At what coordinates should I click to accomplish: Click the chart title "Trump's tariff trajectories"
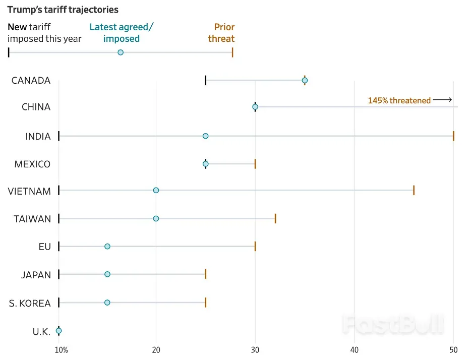[x=63, y=10]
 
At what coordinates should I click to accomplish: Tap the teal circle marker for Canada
[x=305, y=80]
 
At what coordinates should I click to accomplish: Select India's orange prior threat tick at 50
[x=453, y=136]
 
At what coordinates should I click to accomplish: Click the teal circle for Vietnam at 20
[x=156, y=190]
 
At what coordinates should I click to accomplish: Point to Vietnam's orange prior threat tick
[x=414, y=190]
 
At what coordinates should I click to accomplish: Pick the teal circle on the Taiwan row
[x=156, y=218]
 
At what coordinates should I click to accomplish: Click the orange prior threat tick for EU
[x=255, y=246]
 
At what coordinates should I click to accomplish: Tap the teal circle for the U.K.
[x=58, y=331]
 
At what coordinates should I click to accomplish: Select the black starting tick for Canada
[x=206, y=80]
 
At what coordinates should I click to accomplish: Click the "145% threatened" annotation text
[x=399, y=100]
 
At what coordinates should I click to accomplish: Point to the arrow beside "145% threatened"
[x=442, y=100]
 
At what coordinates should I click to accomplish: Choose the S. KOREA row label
[x=30, y=303]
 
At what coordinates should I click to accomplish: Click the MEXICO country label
[x=32, y=164]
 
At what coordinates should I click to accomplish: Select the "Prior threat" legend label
[x=221, y=33]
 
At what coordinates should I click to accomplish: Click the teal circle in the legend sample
[x=121, y=52]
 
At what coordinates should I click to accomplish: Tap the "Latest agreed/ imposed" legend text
[x=122, y=33]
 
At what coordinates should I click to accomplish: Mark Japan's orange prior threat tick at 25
[x=206, y=274]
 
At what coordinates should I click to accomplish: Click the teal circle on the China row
[x=255, y=107]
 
